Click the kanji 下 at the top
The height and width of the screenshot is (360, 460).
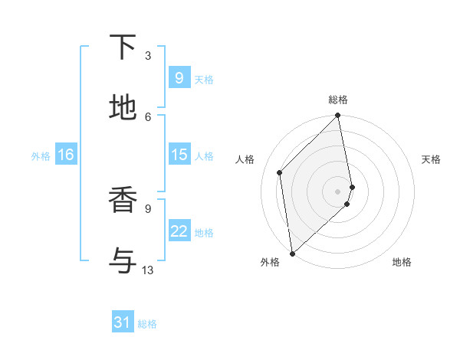(123, 47)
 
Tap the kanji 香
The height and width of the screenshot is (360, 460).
(123, 201)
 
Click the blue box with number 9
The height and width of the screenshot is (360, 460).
(179, 77)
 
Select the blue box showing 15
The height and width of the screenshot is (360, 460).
(179, 155)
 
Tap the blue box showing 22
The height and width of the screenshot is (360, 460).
(179, 231)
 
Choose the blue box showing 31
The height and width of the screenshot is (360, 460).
(123, 322)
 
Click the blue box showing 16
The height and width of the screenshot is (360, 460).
(66, 155)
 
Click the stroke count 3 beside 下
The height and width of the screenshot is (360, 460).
(148, 56)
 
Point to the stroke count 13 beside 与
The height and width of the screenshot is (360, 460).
(148, 270)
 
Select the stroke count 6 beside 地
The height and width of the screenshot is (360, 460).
(148, 116)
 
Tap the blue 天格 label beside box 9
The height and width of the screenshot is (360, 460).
(204, 80)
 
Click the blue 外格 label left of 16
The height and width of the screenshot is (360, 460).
(41, 156)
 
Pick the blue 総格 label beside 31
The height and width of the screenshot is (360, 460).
(147, 324)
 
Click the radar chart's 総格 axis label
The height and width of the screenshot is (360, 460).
(338, 100)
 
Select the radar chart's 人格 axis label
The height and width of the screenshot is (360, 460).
(245, 159)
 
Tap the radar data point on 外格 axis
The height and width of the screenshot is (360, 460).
(292, 254)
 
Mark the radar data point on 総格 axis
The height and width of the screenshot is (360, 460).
(338, 116)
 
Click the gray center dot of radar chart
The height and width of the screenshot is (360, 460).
(338, 191)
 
